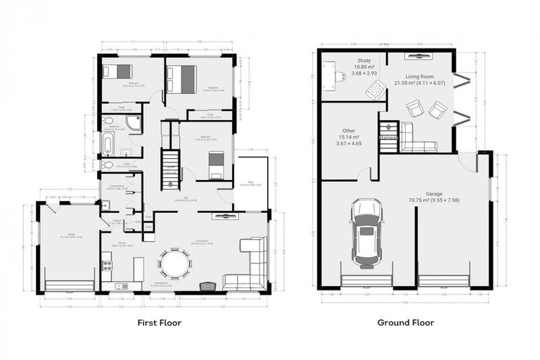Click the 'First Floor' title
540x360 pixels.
(159, 323)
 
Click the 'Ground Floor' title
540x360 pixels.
(405, 323)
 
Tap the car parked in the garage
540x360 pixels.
(366, 232)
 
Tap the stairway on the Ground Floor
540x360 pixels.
(389, 134)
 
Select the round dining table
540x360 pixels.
(174, 264)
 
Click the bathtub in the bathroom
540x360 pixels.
(108, 145)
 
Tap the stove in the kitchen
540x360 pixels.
(108, 265)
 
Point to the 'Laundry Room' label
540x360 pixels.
(116, 186)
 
